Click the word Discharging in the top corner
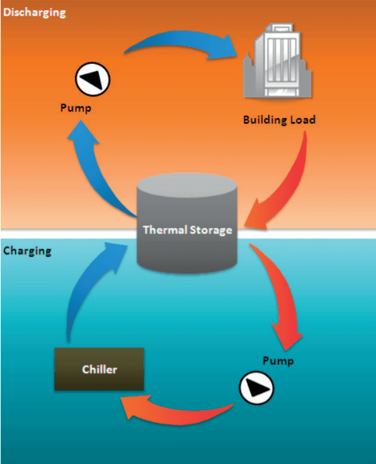(34, 12)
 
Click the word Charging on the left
(27, 251)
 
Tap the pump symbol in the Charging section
(256, 389)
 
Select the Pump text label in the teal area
(278, 361)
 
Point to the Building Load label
(279, 120)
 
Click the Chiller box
(99, 370)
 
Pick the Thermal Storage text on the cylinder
(187, 230)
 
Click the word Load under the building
(302, 120)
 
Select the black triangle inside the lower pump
(256, 389)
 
